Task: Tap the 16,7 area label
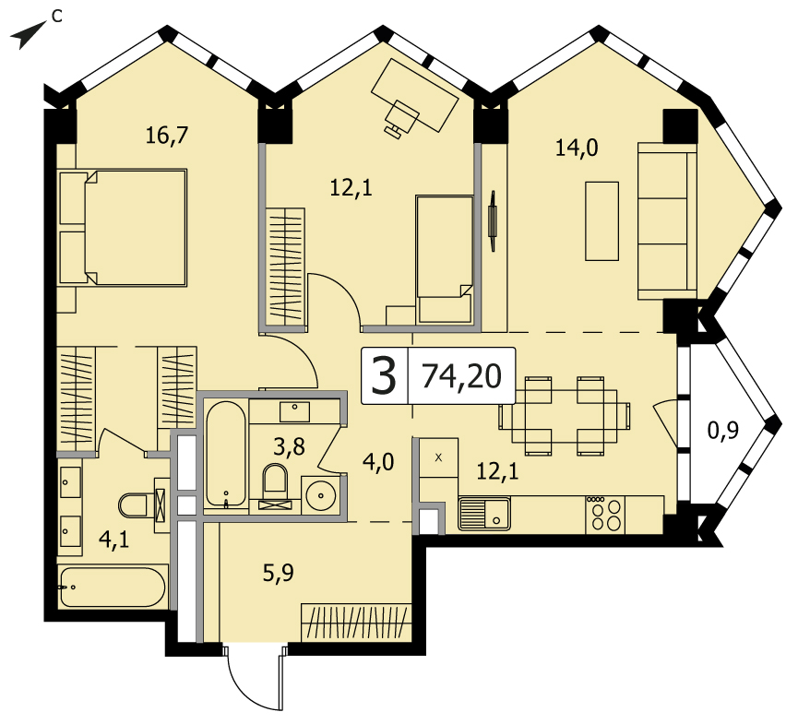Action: (x=167, y=136)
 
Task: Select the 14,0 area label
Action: (x=576, y=148)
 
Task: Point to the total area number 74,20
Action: (x=462, y=376)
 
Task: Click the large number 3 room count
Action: (x=384, y=376)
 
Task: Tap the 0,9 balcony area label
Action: (x=723, y=432)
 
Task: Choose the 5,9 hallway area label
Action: (x=279, y=574)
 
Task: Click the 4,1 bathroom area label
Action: (x=114, y=540)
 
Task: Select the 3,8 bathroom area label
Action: (x=289, y=447)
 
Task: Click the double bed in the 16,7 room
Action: (x=124, y=227)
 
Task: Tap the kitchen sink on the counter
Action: (x=484, y=513)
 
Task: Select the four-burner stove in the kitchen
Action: (x=605, y=515)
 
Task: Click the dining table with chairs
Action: (x=565, y=416)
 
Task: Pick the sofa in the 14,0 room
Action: (x=667, y=220)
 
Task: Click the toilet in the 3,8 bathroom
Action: (x=275, y=486)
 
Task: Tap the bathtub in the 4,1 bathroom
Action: (x=113, y=587)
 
